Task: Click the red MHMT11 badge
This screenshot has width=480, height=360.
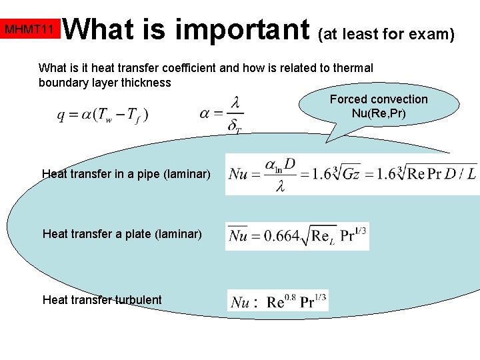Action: (x=29, y=29)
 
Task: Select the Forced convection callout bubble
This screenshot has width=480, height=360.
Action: (x=379, y=106)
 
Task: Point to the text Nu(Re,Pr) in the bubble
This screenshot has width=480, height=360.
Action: (x=379, y=113)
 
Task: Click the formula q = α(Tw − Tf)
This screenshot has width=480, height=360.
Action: (x=103, y=115)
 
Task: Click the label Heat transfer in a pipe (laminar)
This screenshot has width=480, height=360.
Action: (x=126, y=174)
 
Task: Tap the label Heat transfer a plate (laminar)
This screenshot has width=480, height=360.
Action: (x=122, y=234)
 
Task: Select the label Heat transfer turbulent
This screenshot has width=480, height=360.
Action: (x=102, y=299)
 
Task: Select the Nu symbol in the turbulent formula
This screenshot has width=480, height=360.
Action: (x=240, y=302)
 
